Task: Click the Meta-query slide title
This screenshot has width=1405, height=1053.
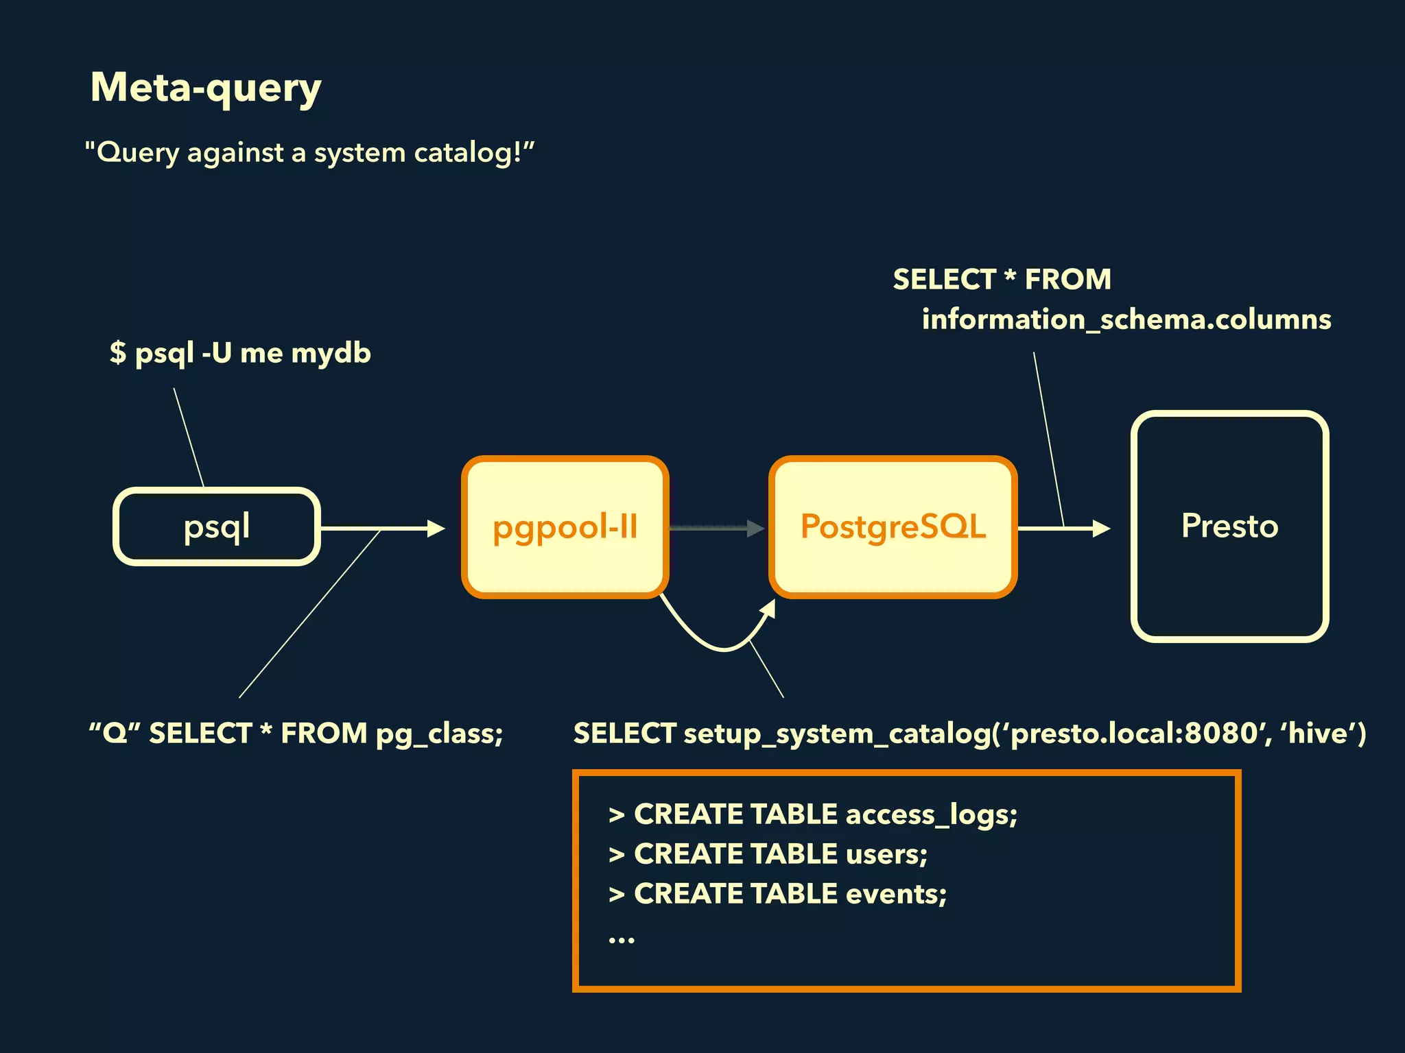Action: coord(206,88)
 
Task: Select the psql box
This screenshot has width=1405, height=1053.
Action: coord(217,526)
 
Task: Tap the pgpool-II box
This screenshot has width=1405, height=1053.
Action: coord(565,526)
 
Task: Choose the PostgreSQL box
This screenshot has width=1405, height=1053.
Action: coord(893,526)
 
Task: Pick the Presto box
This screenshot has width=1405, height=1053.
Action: coord(1229,526)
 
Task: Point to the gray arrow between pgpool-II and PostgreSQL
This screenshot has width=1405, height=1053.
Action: coord(716,528)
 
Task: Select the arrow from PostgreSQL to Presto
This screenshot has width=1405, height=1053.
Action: coord(1063,528)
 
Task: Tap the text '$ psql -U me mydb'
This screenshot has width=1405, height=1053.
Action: coord(240,353)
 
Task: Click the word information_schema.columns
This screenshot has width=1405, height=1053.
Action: coord(1126,319)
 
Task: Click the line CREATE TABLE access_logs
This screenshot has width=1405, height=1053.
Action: coord(813,814)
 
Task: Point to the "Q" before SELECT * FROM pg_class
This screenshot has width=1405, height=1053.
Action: coord(115,733)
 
